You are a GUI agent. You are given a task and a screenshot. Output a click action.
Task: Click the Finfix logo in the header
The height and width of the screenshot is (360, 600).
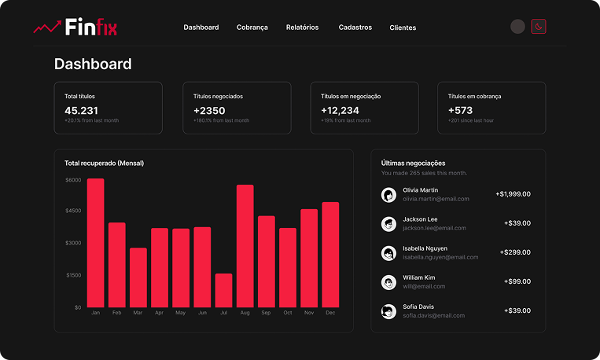75,28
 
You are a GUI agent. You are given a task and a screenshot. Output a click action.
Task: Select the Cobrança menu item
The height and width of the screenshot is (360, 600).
252,28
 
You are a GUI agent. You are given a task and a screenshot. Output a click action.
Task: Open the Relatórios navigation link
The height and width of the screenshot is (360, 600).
302,28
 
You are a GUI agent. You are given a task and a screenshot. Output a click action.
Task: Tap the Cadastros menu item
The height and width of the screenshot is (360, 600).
355,28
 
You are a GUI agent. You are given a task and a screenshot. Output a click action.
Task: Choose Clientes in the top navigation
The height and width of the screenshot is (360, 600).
403,28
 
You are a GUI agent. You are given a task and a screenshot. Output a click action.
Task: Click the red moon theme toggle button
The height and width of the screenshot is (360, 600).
538,27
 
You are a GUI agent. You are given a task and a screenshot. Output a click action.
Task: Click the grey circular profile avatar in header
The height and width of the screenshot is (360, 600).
517,27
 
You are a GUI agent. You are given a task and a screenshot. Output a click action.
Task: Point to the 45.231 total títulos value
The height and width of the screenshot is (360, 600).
81,111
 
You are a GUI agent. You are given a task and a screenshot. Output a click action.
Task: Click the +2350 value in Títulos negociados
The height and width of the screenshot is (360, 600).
209,111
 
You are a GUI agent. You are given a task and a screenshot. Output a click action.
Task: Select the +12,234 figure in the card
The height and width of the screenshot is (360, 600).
340,111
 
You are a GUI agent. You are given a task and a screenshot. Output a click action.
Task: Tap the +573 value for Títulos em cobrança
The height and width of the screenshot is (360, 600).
460,111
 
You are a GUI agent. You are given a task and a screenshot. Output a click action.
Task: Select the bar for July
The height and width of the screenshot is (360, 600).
223,290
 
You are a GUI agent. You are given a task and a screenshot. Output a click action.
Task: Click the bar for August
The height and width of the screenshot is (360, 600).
245,246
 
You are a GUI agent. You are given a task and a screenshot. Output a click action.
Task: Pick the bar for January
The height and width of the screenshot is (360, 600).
95,243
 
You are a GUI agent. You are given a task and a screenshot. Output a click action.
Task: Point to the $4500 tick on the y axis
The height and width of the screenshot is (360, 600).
74,211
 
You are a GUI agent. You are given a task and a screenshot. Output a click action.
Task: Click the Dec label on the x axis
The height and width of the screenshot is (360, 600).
330,313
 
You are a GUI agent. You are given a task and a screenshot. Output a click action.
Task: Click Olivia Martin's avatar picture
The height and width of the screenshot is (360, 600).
388,195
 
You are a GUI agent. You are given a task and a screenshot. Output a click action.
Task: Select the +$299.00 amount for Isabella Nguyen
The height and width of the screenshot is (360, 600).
514,252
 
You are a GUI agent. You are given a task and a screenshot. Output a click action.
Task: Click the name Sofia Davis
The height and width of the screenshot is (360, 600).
419,306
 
